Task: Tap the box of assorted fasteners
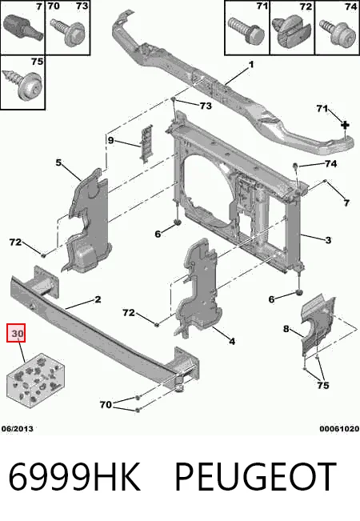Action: [x=35, y=380]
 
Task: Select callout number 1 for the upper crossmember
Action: [x=251, y=64]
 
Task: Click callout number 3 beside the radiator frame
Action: [x=328, y=240]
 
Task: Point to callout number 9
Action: [x=110, y=140]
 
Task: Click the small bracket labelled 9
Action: [x=146, y=143]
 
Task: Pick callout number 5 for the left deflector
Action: [x=58, y=162]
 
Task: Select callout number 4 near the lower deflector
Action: [x=232, y=341]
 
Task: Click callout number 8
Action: [x=286, y=329]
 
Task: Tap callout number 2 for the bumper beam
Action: [x=98, y=299]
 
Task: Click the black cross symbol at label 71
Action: [x=346, y=126]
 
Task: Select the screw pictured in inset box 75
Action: [x=22, y=84]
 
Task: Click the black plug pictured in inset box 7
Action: [x=23, y=27]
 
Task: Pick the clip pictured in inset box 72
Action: [x=291, y=30]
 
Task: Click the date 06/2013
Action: [x=18, y=429]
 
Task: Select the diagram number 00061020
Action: [x=339, y=429]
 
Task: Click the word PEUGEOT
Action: [x=256, y=476]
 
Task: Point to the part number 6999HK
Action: [x=74, y=476]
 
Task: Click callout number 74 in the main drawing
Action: [x=330, y=163]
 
